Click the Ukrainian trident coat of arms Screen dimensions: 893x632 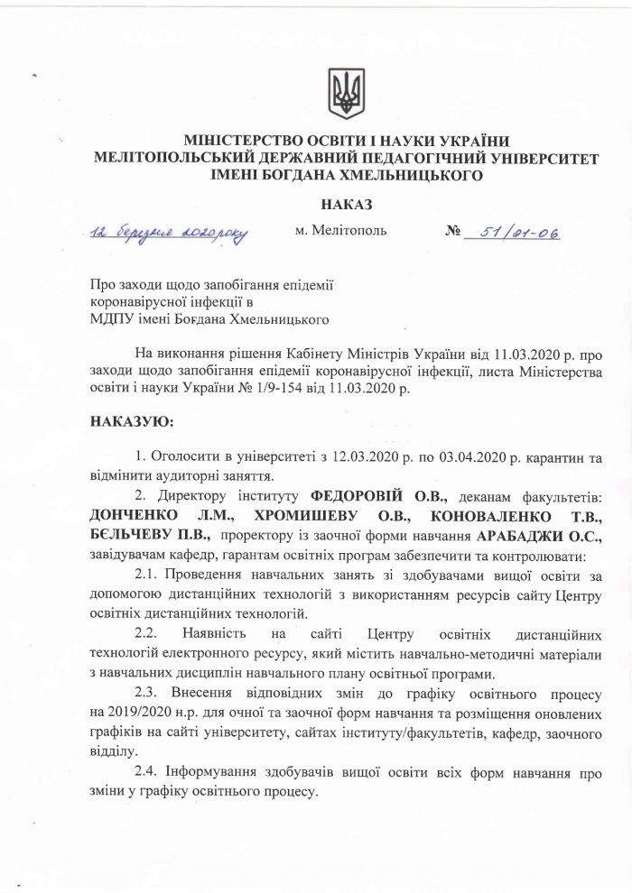344,90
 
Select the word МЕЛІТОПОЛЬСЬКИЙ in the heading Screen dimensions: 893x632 185,160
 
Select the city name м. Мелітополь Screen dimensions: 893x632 340,231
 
